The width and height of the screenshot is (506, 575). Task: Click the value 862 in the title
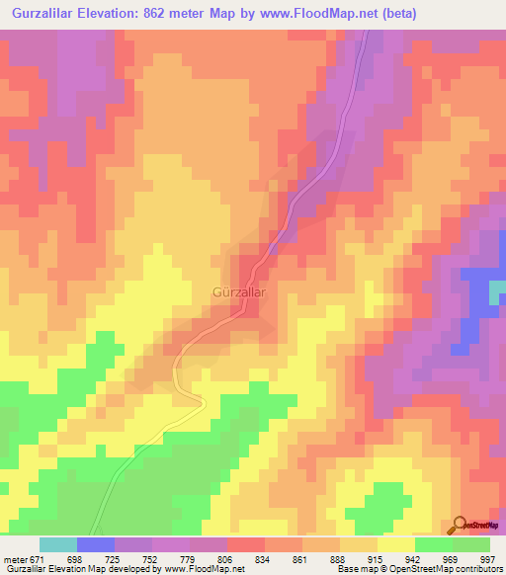pyautogui.click(x=160, y=13)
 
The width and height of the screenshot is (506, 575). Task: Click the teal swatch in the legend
pyautogui.click(x=58, y=544)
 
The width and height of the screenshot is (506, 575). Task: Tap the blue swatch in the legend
pyautogui.click(x=96, y=544)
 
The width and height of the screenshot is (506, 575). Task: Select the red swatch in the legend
pyautogui.click(x=245, y=544)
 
